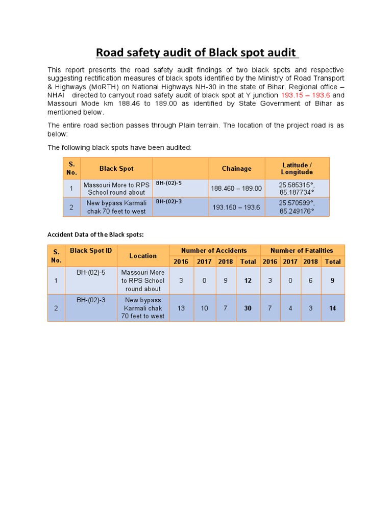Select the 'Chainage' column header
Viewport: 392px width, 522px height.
236,169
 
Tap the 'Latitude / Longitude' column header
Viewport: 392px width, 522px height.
297,169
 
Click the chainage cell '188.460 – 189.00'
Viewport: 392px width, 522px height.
236,189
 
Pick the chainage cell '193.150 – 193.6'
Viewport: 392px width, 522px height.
236,207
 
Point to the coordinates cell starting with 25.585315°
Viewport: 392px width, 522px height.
297,189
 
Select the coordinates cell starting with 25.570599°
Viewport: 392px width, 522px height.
297,207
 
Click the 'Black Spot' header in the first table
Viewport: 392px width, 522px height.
116,169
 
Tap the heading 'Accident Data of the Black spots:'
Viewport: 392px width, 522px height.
96,234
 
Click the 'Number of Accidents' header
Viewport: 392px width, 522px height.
214,250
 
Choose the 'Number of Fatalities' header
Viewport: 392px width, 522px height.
302,250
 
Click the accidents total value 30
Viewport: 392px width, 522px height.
248,308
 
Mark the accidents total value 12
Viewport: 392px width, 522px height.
248,280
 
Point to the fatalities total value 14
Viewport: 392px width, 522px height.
332,308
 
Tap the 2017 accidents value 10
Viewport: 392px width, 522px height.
204,308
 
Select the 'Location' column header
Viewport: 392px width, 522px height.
143,256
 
